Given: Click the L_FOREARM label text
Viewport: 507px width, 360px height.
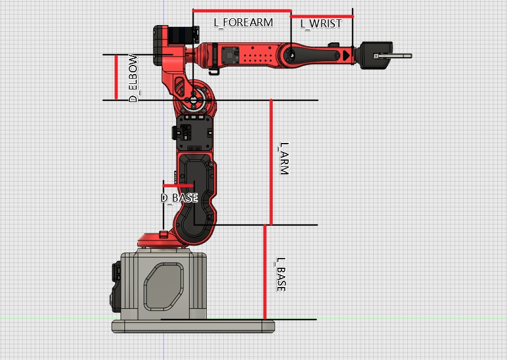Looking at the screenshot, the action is pyautogui.click(x=243, y=23).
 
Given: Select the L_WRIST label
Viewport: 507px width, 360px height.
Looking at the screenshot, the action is pyautogui.click(x=321, y=23).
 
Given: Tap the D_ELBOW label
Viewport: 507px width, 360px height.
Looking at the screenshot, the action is pyautogui.click(x=133, y=78).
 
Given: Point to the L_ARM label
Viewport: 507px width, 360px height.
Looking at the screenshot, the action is pyautogui.click(x=284, y=158).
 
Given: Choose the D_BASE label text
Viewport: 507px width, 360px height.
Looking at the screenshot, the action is pyautogui.click(x=179, y=198).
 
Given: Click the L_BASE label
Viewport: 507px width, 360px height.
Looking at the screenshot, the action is pyautogui.click(x=281, y=275).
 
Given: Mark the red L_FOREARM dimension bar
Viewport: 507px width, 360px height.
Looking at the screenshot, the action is pyautogui.click(x=242, y=11).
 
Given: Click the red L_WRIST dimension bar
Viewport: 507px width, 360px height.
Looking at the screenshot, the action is pyautogui.click(x=322, y=16).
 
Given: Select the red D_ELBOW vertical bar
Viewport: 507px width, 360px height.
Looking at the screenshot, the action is pyautogui.click(x=116, y=77).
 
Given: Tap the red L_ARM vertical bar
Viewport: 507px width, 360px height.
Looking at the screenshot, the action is pyautogui.click(x=271, y=162).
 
